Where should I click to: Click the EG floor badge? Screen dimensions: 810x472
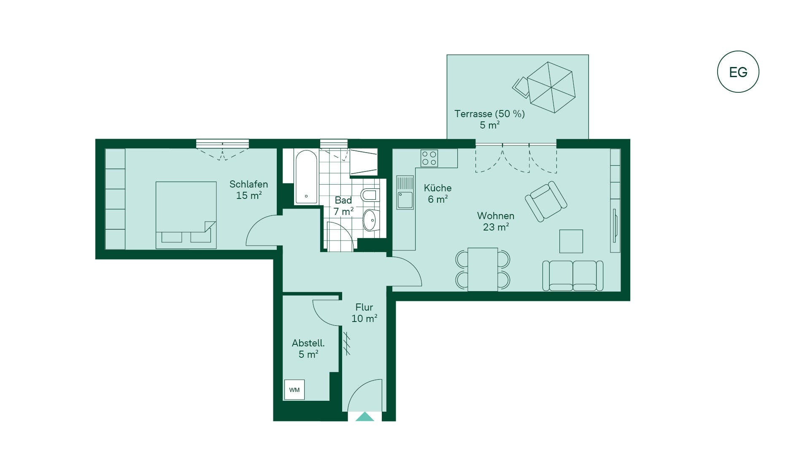pos(738,72)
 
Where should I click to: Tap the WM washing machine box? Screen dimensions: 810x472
pos(294,390)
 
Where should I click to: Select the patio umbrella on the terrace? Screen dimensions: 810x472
pos(551,87)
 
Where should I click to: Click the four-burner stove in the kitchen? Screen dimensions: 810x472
pos(429,158)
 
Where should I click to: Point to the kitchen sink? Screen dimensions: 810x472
pos(405,193)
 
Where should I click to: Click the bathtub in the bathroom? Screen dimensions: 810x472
pos(306,177)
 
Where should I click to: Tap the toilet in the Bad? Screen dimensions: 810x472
pos(370,195)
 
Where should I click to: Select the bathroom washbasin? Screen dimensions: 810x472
pos(371,220)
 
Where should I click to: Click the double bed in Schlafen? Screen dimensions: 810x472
pos(186,215)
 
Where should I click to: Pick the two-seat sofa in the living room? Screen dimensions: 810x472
pos(573,276)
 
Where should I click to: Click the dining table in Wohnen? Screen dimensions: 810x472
pos(483,269)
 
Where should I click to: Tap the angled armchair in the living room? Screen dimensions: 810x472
pos(546,201)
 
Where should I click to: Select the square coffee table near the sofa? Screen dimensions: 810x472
pos(571,241)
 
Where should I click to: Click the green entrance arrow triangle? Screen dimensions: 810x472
pos(365,417)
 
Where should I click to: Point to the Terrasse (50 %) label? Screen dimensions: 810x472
pos(489,114)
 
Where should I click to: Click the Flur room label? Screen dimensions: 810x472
pos(364,307)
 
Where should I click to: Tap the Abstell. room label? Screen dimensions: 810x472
pos(308,343)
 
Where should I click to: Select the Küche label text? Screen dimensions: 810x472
pos(437,188)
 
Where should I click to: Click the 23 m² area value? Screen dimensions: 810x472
pos(496,227)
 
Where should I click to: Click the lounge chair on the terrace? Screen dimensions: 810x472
pos(521,87)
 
